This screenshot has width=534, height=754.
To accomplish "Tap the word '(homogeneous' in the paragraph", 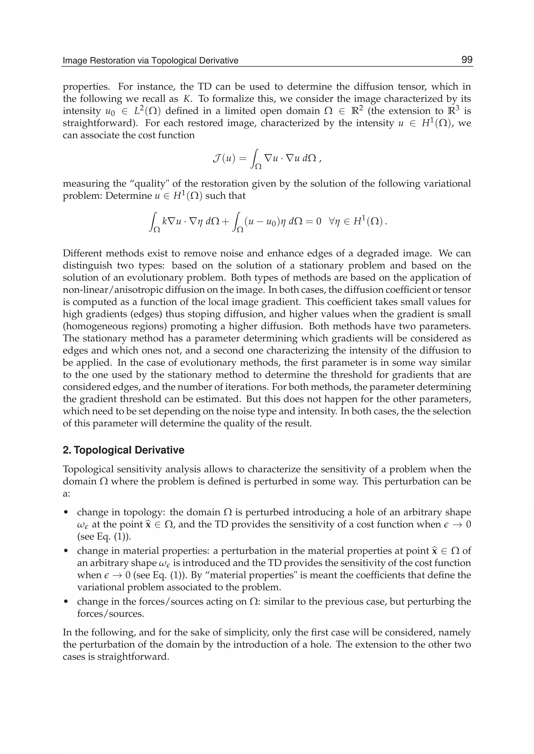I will tap(90, 326).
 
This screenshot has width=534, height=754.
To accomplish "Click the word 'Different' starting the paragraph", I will tap(83, 253).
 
